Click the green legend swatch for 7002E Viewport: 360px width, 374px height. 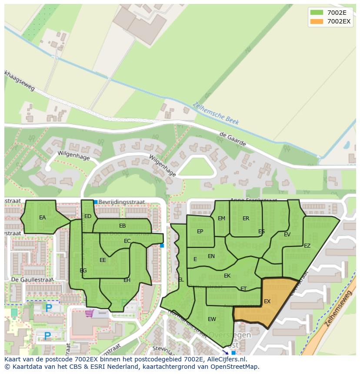point(317,13)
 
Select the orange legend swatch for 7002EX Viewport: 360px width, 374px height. point(317,21)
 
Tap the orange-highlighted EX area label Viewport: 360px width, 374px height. point(267,301)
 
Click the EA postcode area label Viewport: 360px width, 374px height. point(42,218)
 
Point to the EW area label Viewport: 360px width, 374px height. point(212,319)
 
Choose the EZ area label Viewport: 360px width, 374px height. point(307,246)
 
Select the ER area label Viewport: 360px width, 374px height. point(246,218)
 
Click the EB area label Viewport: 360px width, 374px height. point(123,226)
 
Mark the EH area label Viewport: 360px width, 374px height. point(127,280)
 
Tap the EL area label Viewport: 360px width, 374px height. point(181,280)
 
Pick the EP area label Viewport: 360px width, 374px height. point(200,232)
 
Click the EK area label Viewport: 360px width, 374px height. point(227,276)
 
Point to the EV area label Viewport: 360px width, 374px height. point(287,235)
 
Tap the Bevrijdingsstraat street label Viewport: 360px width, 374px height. point(122,202)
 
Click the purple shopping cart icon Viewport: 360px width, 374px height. point(89,313)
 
